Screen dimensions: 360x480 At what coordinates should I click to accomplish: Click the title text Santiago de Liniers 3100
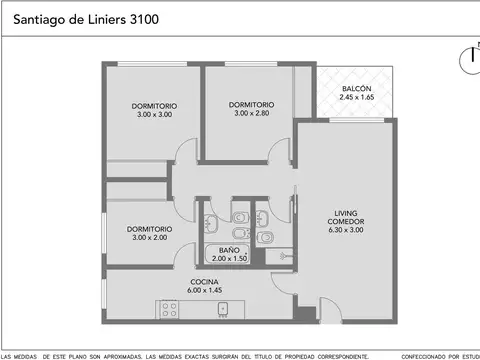click(85, 18)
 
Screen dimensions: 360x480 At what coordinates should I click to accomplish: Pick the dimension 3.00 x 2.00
click(149, 238)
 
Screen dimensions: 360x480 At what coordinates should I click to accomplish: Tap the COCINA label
click(205, 281)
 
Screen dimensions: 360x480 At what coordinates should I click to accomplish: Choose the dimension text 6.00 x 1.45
click(205, 291)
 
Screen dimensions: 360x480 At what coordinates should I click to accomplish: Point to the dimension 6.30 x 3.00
click(346, 231)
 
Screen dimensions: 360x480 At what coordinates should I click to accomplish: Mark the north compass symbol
click(471, 58)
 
